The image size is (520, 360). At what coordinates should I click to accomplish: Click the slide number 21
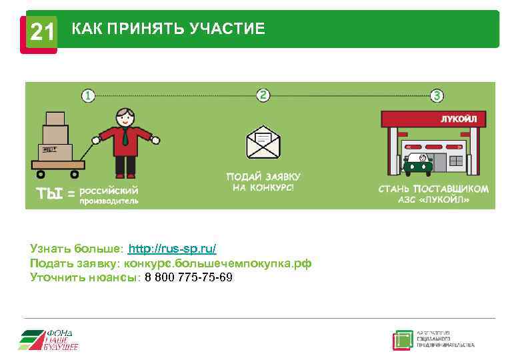tap(41, 31)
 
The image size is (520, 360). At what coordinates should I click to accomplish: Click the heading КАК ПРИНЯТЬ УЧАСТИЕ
tap(168, 29)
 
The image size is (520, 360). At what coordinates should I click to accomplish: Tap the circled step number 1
tap(88, 96)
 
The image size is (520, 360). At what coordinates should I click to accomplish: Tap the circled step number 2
tap(264, 95)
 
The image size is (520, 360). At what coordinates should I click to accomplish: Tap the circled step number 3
tap(437, 96)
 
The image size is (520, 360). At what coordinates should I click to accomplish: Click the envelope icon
tap(263, 142)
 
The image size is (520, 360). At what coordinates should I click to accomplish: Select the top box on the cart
tap(55, 118)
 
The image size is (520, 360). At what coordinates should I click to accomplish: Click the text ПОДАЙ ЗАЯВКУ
tap(263, 177)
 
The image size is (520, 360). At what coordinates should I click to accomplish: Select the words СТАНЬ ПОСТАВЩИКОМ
tap(433, 189)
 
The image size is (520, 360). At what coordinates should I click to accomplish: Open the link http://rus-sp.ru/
tap(172, 249)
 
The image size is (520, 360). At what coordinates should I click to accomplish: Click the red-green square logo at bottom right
tap(403, 339)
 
